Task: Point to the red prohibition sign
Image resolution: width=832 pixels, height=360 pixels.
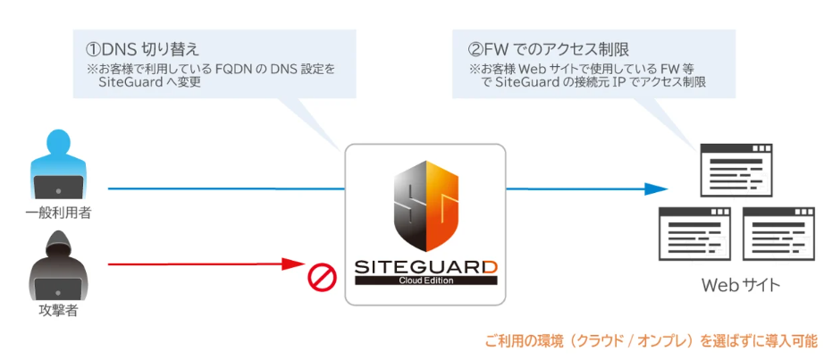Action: click(321, 278)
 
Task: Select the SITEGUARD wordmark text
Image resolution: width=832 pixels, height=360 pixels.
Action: click(424, 265)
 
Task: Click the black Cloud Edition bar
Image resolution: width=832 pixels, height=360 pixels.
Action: click(424, 280)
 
